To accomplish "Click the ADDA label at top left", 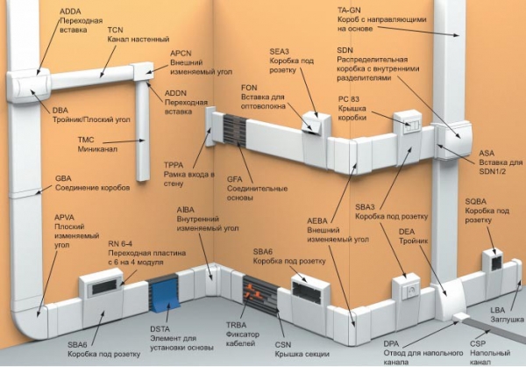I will click(x=72, y=11).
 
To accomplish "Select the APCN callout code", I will click(x=181, y=53).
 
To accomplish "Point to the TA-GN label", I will click(x=351, y=9).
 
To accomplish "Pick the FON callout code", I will click(x=249, y=88).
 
